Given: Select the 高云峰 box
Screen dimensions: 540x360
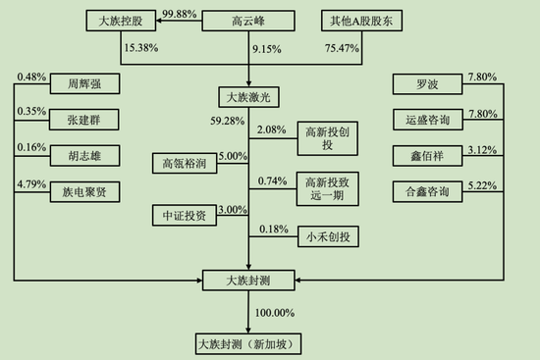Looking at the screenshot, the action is (x=248, y=21).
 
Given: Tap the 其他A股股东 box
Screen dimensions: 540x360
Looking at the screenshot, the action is (x=362, y=21).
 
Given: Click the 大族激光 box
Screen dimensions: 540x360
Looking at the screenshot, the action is (x=248, y=97).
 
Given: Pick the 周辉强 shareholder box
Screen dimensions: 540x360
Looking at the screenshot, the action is (x=78, y=84).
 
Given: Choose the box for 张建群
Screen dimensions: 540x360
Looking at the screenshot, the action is (x=78, y=121).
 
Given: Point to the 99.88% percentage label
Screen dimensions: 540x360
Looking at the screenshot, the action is (x=154, y=12).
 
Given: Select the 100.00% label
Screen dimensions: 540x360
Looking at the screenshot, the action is (x=276, y=312).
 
